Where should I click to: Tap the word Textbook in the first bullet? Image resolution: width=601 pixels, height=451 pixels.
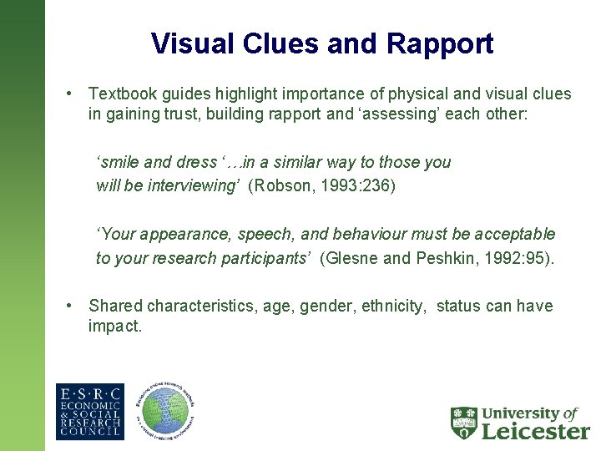[122, 94]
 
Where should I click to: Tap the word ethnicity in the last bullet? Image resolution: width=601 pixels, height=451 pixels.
[393, 306]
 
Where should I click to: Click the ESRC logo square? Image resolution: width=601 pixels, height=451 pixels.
[89, 412]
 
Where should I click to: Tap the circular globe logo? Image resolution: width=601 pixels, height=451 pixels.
[165, 412]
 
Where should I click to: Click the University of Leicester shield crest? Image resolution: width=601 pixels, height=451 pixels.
[464, 423]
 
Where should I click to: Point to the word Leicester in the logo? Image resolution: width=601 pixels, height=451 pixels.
[536, 430]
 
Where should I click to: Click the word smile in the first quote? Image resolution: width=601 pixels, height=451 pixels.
[119, 162]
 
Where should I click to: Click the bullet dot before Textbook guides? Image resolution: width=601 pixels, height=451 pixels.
[73, 94]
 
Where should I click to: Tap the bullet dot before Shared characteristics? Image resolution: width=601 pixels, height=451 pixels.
[73, 306]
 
